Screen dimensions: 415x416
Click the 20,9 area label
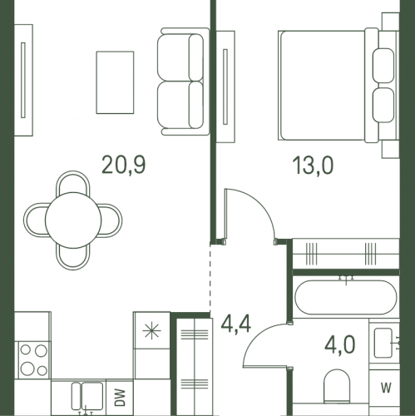(123, 165)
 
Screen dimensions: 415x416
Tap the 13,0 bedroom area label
(313, 166)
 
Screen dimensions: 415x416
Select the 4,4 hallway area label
(236, 324)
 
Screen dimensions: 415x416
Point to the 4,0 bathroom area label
(340, 345)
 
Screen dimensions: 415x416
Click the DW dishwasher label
(120, 398)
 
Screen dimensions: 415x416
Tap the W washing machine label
(386, 388)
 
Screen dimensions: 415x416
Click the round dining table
(73, 220)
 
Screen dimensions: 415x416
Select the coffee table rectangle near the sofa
(115, 82)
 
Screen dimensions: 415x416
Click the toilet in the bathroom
(337, 386)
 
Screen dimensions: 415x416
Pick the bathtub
(346, 297)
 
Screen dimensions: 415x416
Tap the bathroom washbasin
(383, 343)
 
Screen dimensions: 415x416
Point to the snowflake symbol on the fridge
(151, 331)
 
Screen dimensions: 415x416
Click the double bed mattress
(322, 85)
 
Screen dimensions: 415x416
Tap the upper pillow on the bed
(383, 66)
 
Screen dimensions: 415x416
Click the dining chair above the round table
(73, 183)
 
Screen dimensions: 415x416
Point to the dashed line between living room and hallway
(210, 279)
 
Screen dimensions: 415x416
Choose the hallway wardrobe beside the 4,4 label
(195, 367)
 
